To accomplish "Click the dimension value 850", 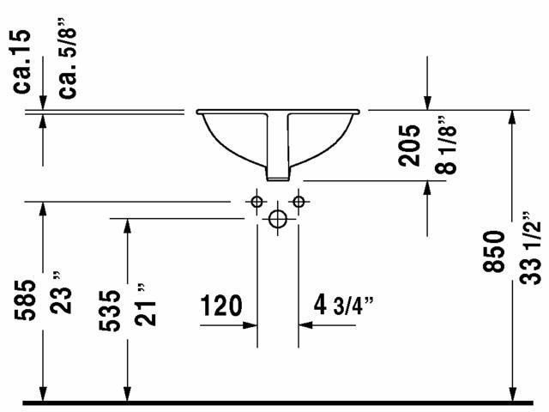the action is click(x=494, y=251).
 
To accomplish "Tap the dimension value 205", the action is click(x=409, y=145).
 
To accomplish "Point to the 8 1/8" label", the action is click(x=446, y=144).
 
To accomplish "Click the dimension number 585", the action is click(x=25, y=300).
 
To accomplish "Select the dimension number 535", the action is click(x=109, y=311).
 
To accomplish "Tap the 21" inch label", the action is click(x=145, y=305).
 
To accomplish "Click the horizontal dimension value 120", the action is click(x=221, y=306).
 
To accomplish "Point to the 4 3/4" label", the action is click(x=343, y=306).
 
